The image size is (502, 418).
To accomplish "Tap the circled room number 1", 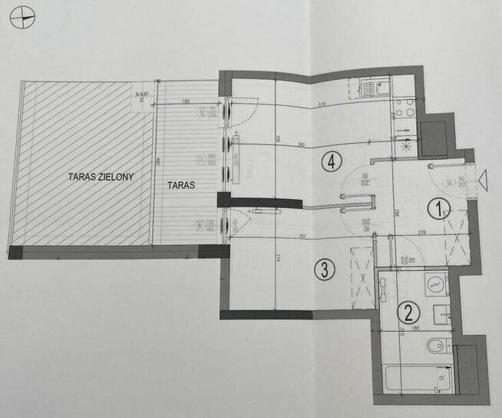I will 438,208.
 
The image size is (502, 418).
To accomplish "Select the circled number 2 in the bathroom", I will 408,313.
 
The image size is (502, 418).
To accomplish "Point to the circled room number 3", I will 325,270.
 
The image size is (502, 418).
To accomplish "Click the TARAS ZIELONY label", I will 101,177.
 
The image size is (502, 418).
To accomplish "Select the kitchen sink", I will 370,88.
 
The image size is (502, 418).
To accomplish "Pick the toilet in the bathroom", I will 437,345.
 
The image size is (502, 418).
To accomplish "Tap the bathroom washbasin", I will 435,284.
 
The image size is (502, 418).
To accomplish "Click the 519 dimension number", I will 322,104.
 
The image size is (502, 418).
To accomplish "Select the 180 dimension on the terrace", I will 186,101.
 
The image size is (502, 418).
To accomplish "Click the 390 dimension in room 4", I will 303,144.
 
